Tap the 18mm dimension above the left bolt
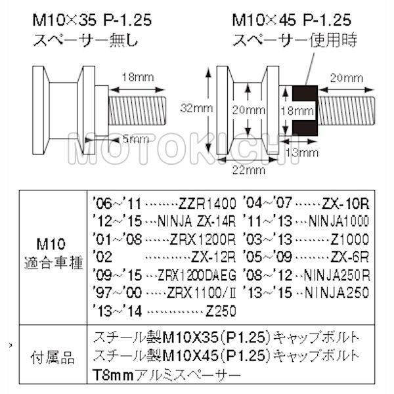(x=138, y=77)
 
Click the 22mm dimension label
(x=244, y=169)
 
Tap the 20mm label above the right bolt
(x=347, y=77)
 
